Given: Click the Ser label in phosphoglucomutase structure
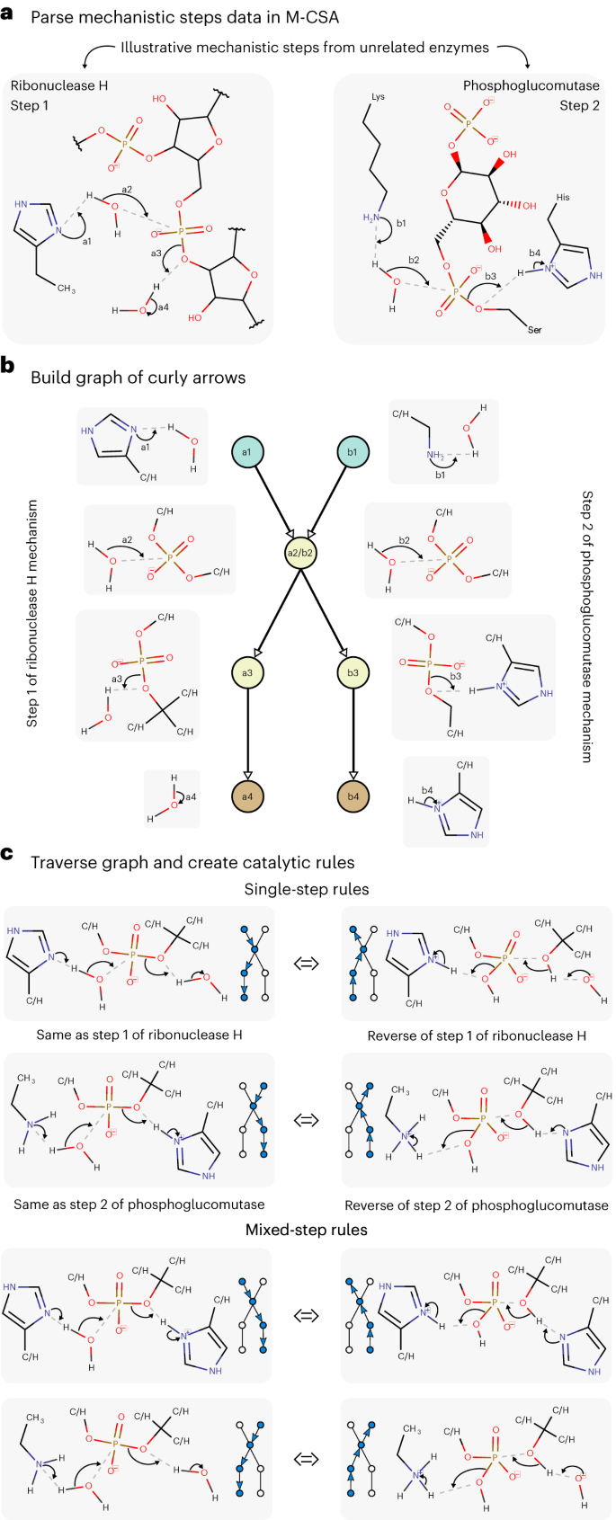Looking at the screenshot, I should (x=534, y=330).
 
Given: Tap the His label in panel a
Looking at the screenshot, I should (x=563, y=197).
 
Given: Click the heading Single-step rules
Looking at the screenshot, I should (x=306, y=889).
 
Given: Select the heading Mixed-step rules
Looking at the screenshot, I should (x=306, y=1229).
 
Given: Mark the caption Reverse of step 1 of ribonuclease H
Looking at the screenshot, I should (x=477, y=1036).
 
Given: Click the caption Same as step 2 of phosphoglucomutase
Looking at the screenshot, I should (x=138, y=1204).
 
